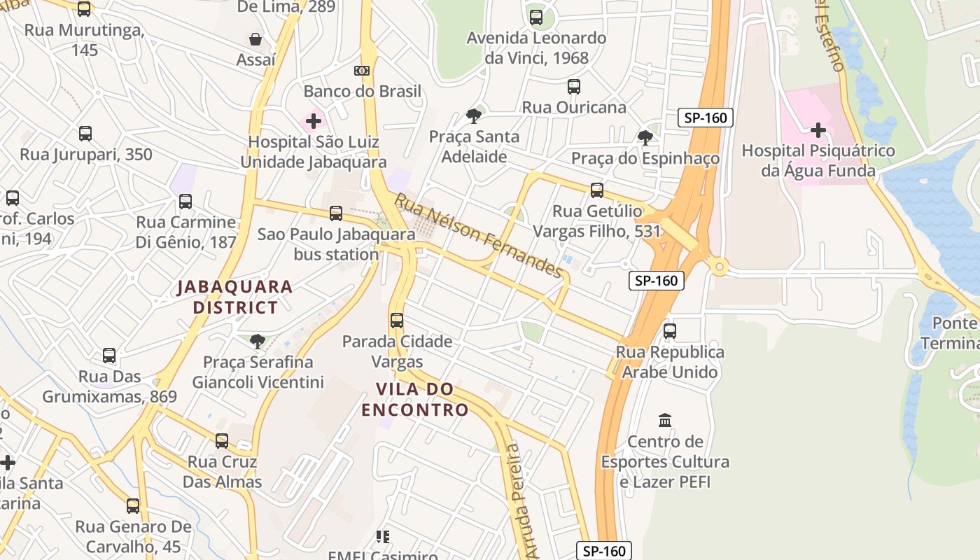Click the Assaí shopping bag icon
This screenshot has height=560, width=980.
255,39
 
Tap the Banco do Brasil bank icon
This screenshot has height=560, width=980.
362,71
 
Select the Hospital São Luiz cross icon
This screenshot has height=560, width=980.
314,121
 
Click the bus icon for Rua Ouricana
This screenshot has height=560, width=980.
574,87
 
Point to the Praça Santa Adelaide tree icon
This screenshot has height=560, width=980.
474,116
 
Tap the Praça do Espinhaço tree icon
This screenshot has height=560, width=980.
645,137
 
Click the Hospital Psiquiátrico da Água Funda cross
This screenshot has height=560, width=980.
818,130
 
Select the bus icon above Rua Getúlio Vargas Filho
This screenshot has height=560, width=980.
597,190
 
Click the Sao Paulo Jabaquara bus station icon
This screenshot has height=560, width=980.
336,213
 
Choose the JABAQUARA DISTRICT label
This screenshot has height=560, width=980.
234,297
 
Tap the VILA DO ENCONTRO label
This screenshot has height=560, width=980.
414,399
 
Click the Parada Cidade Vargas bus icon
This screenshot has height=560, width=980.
397,321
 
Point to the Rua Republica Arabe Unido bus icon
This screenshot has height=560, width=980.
670,331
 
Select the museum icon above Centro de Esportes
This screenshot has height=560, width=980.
665,421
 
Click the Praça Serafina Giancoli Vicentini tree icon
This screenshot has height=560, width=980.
258,342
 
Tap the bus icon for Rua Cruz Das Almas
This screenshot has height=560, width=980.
222,441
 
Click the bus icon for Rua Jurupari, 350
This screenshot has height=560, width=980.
85,134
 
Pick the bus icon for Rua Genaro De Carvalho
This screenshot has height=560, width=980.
133,506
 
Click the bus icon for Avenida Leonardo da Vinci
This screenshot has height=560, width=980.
536,17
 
